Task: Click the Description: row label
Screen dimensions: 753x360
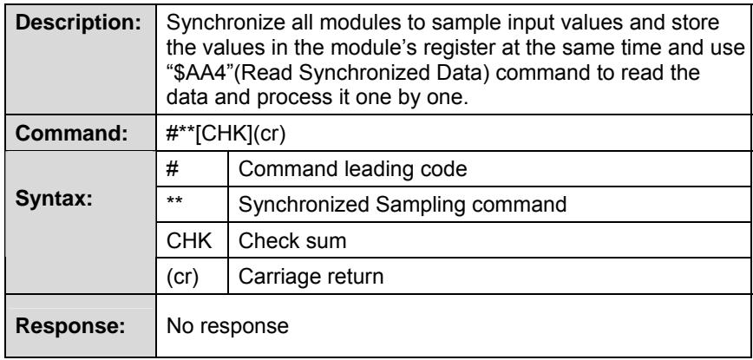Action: (x=78, y=24)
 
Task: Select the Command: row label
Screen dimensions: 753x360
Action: (x=71, y=134)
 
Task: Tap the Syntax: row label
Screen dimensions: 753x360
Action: (x=53, y=200)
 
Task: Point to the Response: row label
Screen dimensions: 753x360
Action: (x=70, y=326)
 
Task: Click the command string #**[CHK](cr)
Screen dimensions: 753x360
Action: (x=226, y=134)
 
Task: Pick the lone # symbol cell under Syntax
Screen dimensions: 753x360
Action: (x=173, y=169)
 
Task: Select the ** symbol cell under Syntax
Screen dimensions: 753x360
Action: (x=174, y=201)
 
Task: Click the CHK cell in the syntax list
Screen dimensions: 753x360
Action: (x=189, y=240)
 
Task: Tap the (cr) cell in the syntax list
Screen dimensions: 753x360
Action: (x=182, y=277)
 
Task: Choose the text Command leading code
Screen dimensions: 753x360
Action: (x=352, y=169)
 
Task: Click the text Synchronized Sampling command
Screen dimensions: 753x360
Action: (x=403, y=205)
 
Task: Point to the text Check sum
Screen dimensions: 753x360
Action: (x=292, y=240)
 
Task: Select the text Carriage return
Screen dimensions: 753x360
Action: (x=311, y=277)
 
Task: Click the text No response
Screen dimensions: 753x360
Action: (x=227, y=326)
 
